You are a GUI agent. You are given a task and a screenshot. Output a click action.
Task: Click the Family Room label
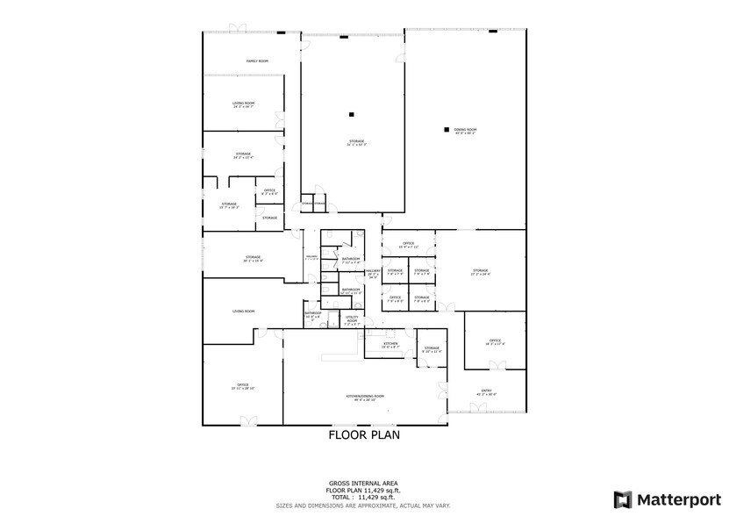(257, 61)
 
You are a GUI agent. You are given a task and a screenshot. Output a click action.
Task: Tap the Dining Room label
(465, 130)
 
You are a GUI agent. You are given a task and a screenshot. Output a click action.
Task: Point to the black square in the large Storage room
(351, 114)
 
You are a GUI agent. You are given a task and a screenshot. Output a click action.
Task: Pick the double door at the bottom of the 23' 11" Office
(249, 422)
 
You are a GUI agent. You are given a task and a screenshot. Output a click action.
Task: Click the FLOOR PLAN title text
(364, 434)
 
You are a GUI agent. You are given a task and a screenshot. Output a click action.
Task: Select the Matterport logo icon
(622, 499)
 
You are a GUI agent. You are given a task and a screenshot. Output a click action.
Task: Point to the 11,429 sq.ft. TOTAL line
(364, 497)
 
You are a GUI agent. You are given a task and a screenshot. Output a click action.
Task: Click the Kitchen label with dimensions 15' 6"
(390, 344)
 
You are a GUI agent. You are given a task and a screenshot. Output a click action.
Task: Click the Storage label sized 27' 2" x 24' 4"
(481, 271)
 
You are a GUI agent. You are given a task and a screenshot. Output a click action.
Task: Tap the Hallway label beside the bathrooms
(373, 273)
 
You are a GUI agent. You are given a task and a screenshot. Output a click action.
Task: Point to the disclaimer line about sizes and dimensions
(364, 505)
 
